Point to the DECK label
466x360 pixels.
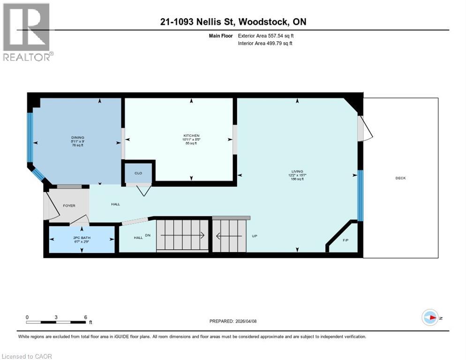[x=400, y=178]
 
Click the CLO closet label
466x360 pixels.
[x=138, y=173]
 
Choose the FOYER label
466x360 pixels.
[x=69, y=205]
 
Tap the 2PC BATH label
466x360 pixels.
[x=82, y=238]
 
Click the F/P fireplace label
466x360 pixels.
[x=346, y=240]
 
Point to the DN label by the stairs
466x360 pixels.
[x=148, y=235]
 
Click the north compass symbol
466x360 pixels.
[x=430, y=317]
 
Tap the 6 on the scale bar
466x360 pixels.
[x=85, y=317]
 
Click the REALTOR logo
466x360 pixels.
[x=27, y=32]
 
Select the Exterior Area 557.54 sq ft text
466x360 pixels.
[x=266, y=36]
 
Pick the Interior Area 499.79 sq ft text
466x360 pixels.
[x=265, y=44]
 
